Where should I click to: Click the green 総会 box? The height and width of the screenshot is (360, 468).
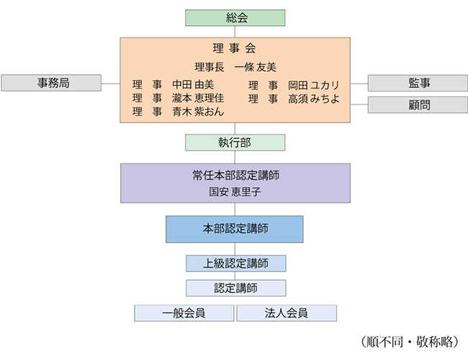[x=235, y=17]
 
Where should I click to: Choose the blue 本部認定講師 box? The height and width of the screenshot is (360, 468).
[x=235, y=229]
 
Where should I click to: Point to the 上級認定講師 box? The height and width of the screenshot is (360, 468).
[x=235, y=264]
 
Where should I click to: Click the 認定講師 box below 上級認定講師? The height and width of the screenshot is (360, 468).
[x=235, y=287]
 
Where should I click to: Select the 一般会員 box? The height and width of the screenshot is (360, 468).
[x=184, y=312]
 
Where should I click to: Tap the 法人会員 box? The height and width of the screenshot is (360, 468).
[x=287, y=312]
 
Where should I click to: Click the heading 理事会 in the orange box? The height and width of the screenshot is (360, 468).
[x=235, y=49]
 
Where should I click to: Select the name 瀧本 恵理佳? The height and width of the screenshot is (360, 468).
[x=198, y=99]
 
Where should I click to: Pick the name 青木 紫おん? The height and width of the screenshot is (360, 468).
[x=198, y=112]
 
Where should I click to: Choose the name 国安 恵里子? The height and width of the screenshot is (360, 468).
[x=235, y=192]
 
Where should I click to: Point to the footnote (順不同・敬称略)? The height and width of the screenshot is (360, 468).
[x=408, y=339]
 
